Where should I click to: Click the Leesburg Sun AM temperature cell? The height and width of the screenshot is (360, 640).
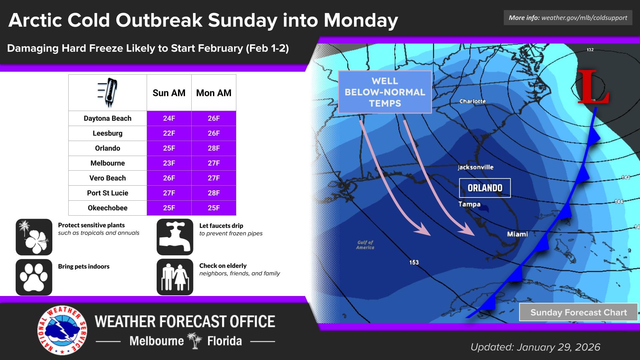[169, 133]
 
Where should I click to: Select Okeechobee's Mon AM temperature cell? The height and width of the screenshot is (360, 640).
[214, 208]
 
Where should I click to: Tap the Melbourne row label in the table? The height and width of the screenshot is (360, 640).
[107, 163]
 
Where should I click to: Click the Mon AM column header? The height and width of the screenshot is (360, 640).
[214, 93]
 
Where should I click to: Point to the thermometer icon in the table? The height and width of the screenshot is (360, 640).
[108, 92]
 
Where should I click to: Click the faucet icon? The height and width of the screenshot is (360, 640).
[175, 237]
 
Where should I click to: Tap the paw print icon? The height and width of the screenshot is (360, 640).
[34, 277]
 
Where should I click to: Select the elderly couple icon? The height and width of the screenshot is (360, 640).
[175, 277]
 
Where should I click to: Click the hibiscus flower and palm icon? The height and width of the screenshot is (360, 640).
[34, 237]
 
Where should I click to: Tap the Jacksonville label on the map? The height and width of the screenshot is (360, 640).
[475, 167]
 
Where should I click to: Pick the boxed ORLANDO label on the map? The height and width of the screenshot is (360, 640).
[485, 188]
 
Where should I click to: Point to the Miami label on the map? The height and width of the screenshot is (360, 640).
[517, 234]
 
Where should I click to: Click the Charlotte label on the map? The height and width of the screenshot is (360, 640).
[472, 101]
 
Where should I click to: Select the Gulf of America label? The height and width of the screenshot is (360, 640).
[365, 245]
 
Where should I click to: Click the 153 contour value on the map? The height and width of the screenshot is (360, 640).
[414, 262]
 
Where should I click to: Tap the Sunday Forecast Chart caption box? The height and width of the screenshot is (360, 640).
[578, 312]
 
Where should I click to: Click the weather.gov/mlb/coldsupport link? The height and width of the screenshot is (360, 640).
[584, 18]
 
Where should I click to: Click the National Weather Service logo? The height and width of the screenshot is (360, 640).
[62, 330]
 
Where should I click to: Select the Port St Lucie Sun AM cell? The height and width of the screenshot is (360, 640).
[169, 193]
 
